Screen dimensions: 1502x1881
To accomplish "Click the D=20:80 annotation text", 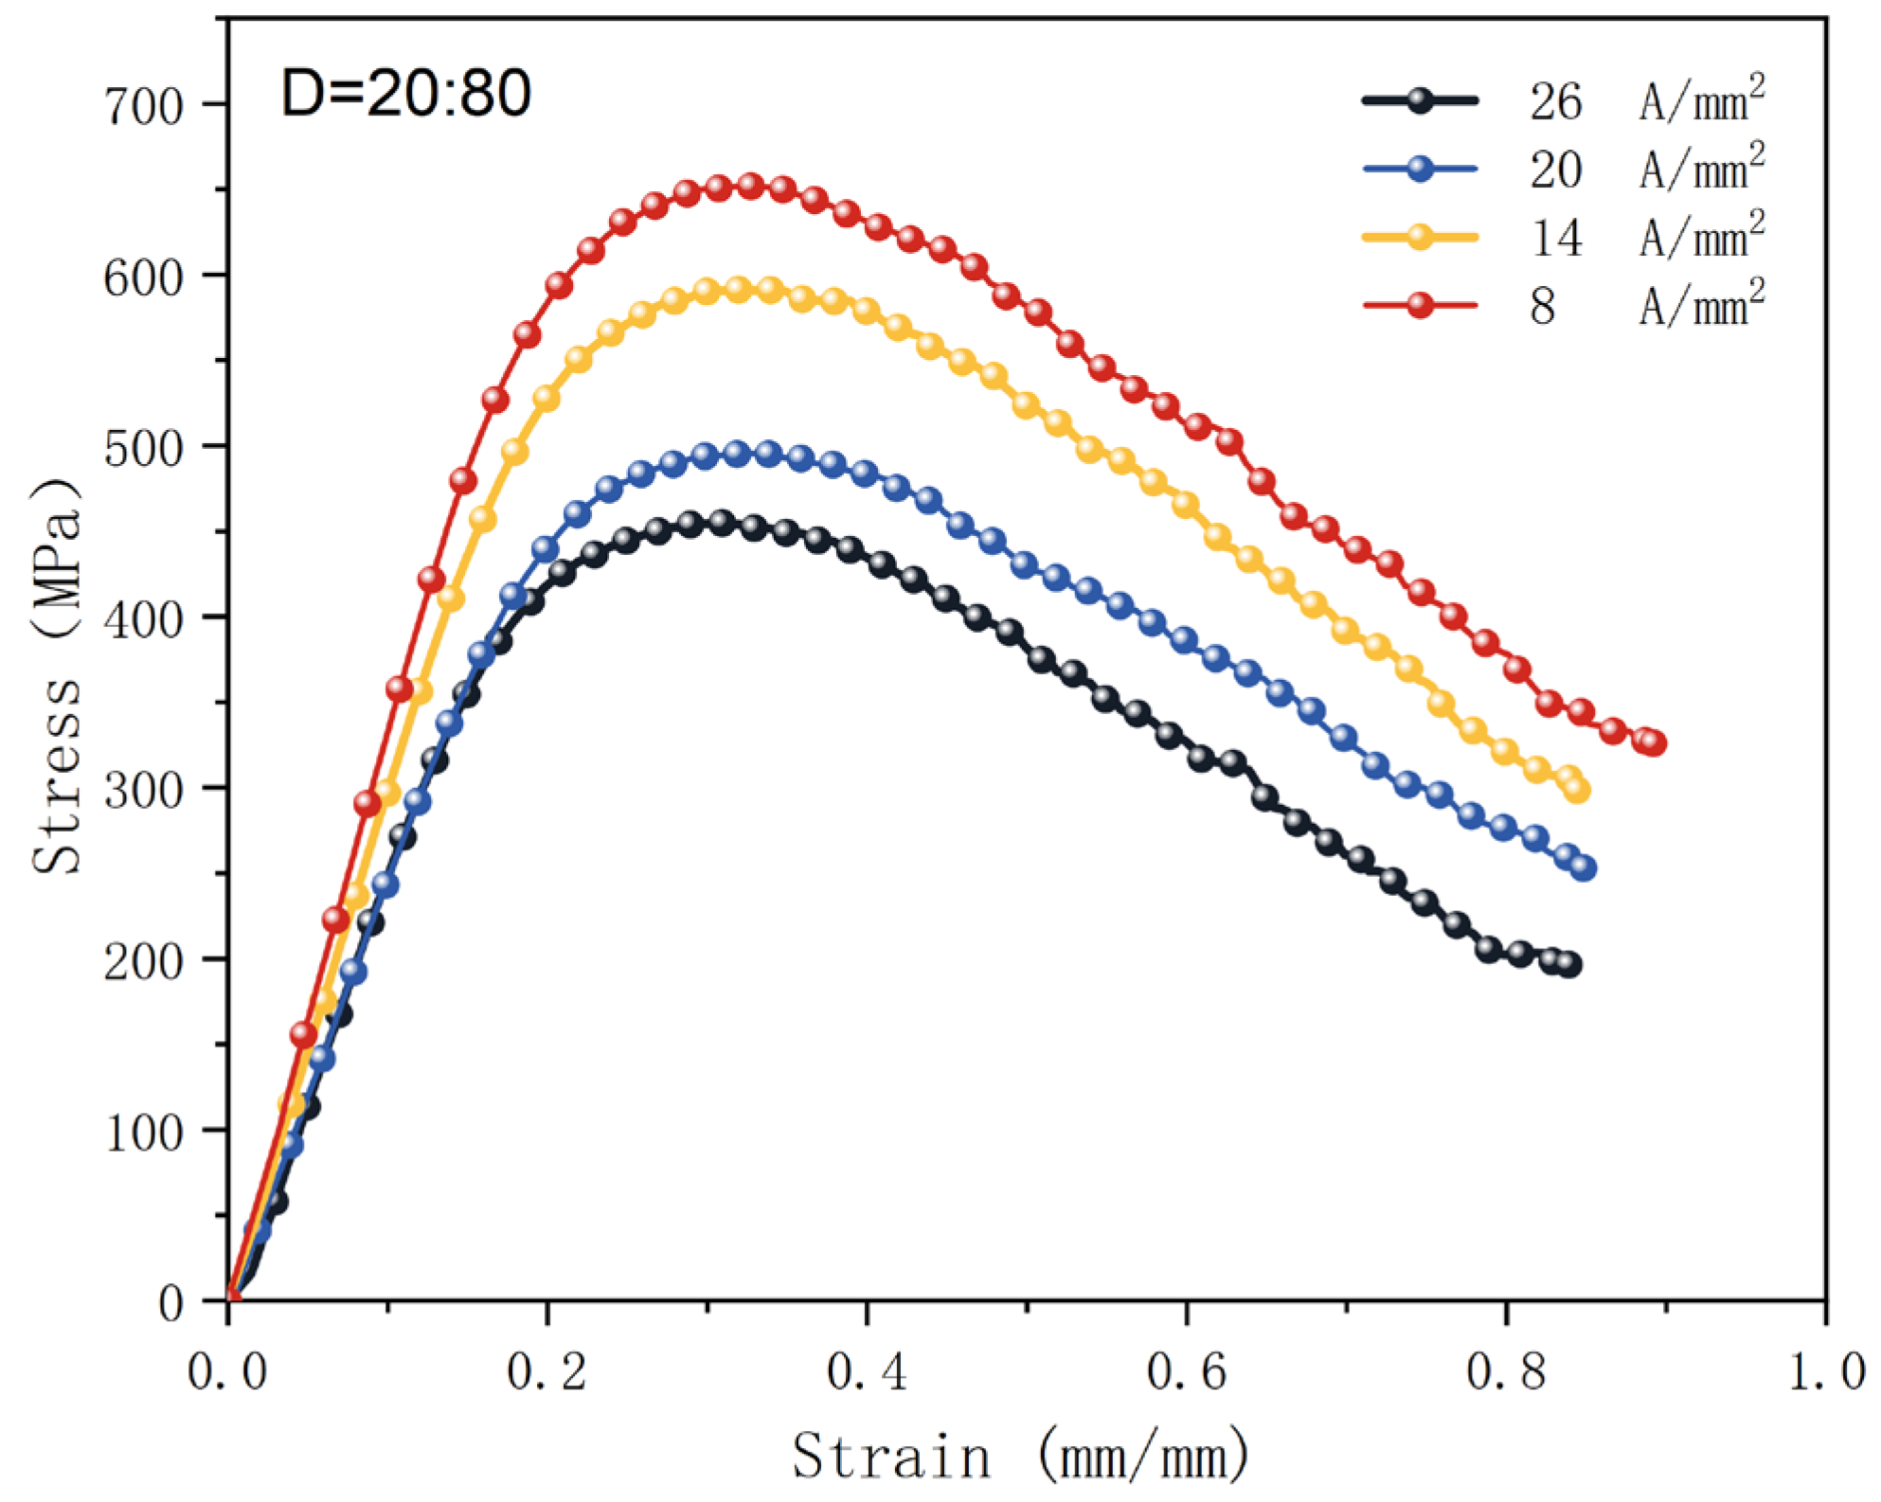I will [x=405, y=95].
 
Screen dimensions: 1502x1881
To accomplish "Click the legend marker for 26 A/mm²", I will [x=1420, y=100].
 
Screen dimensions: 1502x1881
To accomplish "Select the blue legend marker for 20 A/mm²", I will [x=1420, y=169].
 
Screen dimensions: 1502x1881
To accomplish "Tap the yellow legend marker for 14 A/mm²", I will [x=1420, y=237].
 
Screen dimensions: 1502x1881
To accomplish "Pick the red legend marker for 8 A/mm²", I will [x=1420, y=305].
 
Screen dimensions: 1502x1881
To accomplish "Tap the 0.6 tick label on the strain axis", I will [x=1186, y=1371].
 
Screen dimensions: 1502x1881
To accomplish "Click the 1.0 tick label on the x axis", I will [x=1826, y=1371].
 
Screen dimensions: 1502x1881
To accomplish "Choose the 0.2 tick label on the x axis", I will [x=546, y=1371].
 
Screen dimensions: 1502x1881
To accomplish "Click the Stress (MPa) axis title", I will [x=57, y=674].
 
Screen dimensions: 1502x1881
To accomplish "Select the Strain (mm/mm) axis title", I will [x=1020, y=1457].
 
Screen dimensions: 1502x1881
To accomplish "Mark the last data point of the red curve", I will [x=1653, y=743].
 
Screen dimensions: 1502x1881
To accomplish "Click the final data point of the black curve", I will [x=1568, y=965].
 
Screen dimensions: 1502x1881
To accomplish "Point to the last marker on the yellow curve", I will [x=1577, y=790].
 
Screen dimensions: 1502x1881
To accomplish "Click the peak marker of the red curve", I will [x=750, y=186].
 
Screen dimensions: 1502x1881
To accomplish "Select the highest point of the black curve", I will [x=722, y=522].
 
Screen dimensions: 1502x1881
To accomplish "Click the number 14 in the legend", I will [x=1556, y=238].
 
